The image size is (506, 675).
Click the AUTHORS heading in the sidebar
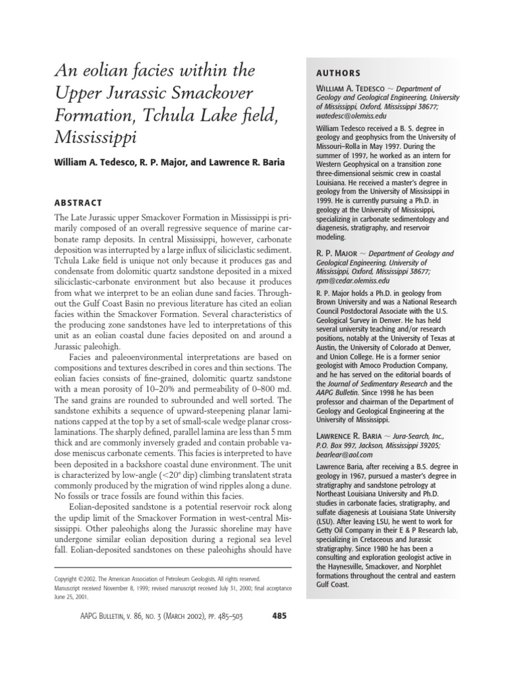337,73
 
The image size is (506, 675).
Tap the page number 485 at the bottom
279,617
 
